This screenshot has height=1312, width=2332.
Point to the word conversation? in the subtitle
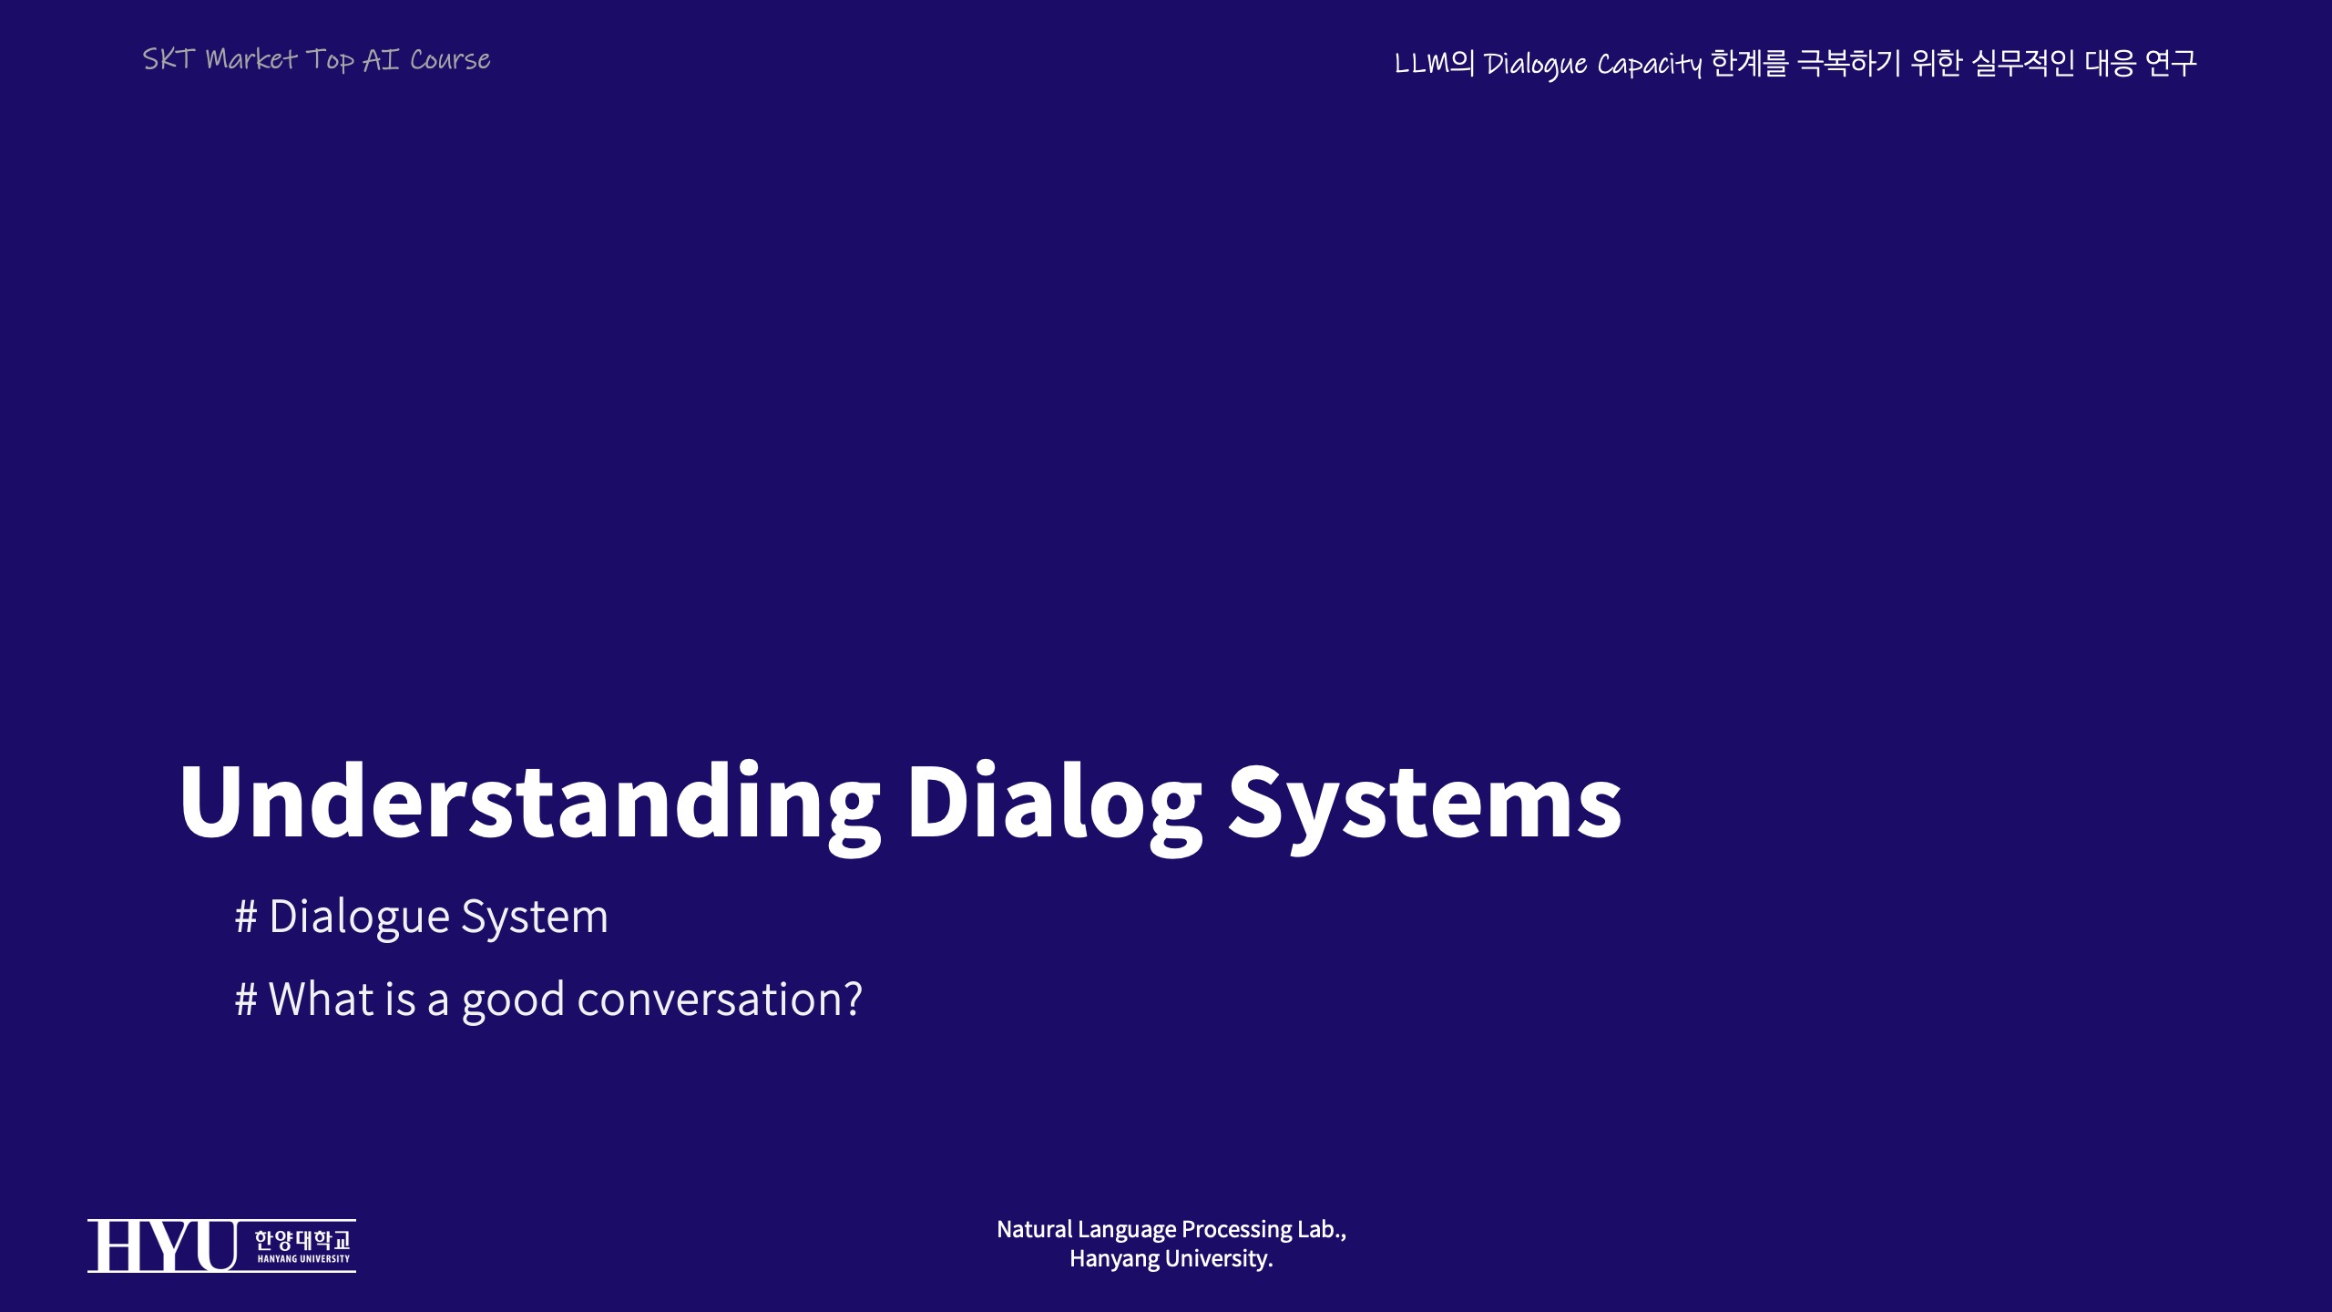(x=720, y=999)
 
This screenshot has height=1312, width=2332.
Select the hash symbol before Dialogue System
(x=246, y=917)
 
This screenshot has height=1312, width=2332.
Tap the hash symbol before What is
(x=246, y=999)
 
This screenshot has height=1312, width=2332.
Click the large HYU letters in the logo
(x=163, y=1245)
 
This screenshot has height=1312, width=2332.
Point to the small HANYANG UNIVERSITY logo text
(x=303, y=1259)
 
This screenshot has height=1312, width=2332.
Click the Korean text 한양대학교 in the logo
(x=302, y=1239)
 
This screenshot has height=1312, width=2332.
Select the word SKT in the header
(x=169, y=59)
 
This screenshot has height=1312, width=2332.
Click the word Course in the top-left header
(x=450, y=60)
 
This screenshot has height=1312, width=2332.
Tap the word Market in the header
(x=251, y=59)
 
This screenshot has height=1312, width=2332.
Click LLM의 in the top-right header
(x=1434, y=63)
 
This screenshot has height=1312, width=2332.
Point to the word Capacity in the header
(x=1650, y=65)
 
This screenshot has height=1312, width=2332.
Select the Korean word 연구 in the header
(x=2171, y=63)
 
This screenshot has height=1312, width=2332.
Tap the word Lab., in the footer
(x=1322, y=1229)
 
